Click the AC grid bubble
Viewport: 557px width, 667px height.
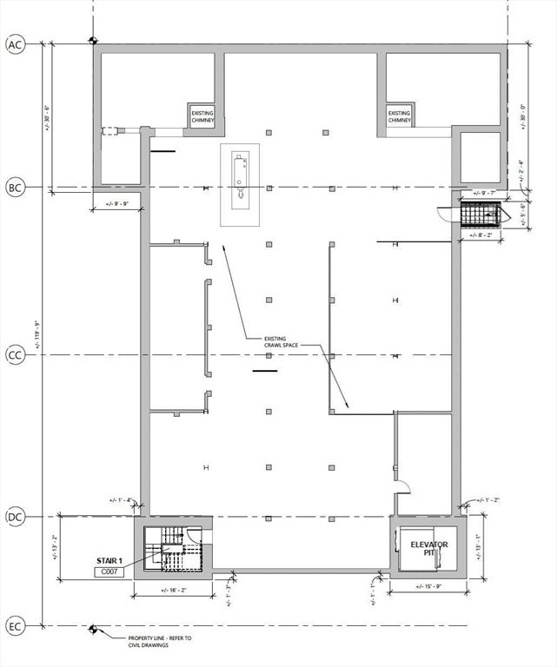point(15,45)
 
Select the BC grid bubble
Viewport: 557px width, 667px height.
point(15,188)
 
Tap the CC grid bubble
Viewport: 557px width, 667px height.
point(15,354)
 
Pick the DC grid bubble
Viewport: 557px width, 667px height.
point(15,517)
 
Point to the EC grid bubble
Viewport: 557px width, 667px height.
point(15,625)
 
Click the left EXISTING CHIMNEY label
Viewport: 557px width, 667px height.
point(202,116)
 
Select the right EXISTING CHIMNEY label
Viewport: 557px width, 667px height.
point(399,116)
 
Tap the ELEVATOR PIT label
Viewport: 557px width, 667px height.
point(428,548)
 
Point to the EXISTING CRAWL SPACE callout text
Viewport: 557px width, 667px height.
point(282,341)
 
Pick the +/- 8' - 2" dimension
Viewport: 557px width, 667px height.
point(481,234)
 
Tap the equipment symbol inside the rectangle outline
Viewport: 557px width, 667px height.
point(239,179)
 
